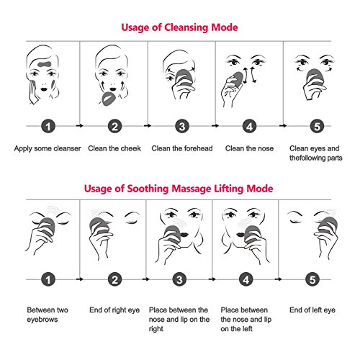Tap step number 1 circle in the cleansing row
tap(45, 128)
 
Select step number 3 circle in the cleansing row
tap(180, 128)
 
